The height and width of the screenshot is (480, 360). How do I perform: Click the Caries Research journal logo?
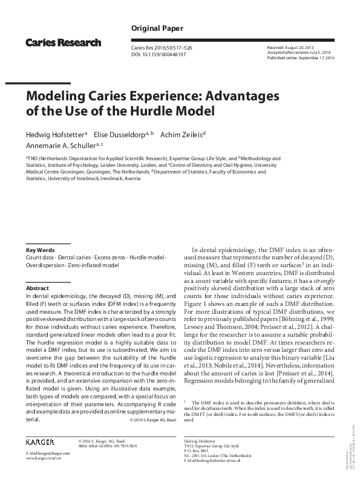point(63,43)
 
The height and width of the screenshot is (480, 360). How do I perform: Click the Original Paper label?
point(153,29)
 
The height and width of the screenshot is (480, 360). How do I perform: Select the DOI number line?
point(158,54)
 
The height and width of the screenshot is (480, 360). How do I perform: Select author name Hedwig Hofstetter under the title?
point(54,134)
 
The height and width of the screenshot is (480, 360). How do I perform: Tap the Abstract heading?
point(38,288)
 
